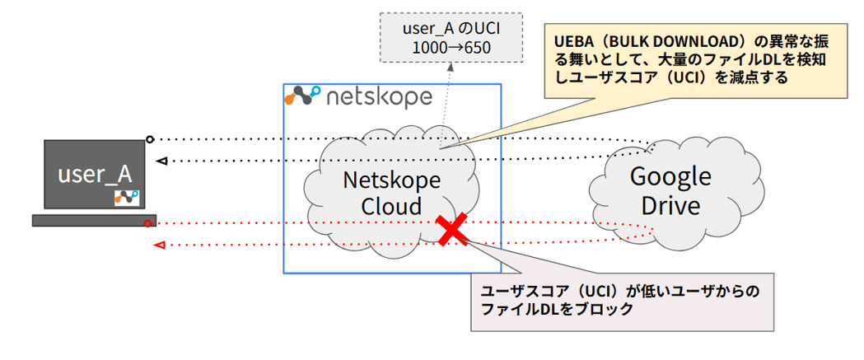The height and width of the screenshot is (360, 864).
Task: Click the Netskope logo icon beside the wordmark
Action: (301, 96)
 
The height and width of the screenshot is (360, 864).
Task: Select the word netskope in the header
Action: (379, 97)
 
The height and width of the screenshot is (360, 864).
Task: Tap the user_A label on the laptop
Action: (94, 174)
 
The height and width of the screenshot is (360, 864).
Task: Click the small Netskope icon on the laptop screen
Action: (127, 198)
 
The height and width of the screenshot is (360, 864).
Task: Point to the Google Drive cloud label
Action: (670, 190)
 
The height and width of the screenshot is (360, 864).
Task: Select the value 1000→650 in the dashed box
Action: (450, 49)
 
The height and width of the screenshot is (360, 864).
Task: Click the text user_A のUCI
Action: (450, 29)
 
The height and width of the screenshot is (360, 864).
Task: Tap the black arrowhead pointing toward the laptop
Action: (161, 161)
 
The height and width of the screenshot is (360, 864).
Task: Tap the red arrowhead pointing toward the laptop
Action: (160, 245)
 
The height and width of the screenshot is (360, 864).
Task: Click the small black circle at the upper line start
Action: (149, 138)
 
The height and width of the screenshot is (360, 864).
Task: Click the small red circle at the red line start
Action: (148, 223)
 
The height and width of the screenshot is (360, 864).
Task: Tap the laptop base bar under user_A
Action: (93, 220)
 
